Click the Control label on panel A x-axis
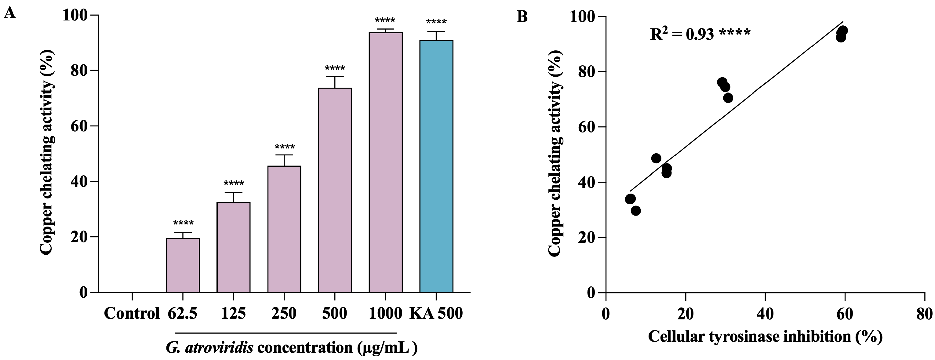click(x=132, y=313)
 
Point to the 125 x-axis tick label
click(x=233, y=313)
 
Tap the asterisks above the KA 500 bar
click(x=436, y=22)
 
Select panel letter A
click(x=10, y=13)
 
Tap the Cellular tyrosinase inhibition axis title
click(x=765, y=336)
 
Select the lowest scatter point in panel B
click(x=635, y=210)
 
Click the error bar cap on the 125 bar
click(x=233, y=192)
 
